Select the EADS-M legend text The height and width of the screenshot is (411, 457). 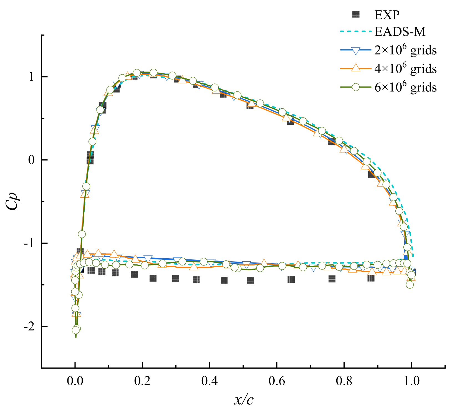400,32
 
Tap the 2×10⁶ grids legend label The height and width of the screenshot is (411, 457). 405,50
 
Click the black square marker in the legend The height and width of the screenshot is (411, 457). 356,15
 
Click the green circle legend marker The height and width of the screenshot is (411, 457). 356,87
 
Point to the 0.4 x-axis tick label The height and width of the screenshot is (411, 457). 209,381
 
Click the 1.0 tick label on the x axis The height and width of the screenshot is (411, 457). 411,381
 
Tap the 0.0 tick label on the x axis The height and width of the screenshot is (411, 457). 75,381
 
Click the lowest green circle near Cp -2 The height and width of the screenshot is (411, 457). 75,330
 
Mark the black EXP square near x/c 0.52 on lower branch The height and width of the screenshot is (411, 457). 250,281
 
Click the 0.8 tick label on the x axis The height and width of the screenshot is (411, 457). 344,381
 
